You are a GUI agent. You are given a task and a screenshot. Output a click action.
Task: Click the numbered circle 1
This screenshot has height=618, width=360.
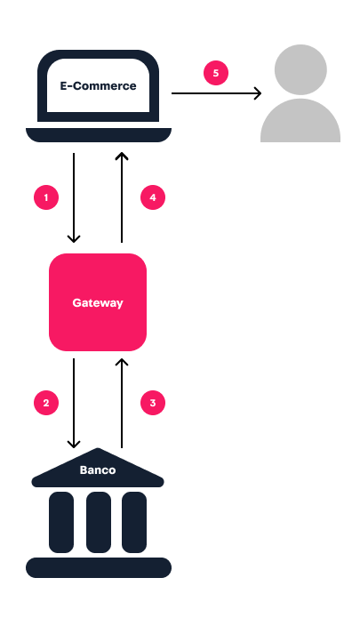coord(46,197)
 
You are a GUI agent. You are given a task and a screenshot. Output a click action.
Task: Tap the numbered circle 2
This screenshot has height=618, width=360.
coord(46,403)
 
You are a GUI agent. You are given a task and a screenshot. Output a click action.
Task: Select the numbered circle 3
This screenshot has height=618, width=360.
coord(154,403)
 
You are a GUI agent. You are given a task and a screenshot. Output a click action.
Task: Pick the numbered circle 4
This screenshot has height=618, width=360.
coord(154,197)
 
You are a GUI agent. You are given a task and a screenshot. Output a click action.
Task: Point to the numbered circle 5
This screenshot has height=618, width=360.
coord(216,73)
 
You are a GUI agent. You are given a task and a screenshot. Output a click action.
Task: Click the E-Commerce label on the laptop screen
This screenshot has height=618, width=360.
coord(98,86)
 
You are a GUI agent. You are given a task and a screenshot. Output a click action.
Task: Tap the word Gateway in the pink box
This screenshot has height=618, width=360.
coord(98,303)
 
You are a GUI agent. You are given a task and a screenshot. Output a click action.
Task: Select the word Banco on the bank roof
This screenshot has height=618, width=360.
coord(98,470)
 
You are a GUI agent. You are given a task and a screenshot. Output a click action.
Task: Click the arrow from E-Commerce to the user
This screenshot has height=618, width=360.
coord(216,92)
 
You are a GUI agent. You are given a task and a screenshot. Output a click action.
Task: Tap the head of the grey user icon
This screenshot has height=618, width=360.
coord(300,69)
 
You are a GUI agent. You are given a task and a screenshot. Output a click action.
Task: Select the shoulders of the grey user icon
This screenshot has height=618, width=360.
coord(300,123)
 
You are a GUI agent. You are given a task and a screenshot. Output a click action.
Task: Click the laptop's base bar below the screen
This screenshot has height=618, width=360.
coord(98,134)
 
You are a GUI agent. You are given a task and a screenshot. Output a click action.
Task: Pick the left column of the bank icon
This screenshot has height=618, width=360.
coord(61,519)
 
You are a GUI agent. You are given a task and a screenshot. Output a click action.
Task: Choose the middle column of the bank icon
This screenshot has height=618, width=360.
coord(99,519)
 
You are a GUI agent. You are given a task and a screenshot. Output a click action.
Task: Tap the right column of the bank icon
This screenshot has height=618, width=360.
coord(134,519)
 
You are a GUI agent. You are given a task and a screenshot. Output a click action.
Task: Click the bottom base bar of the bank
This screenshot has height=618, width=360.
coord(98,567)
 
